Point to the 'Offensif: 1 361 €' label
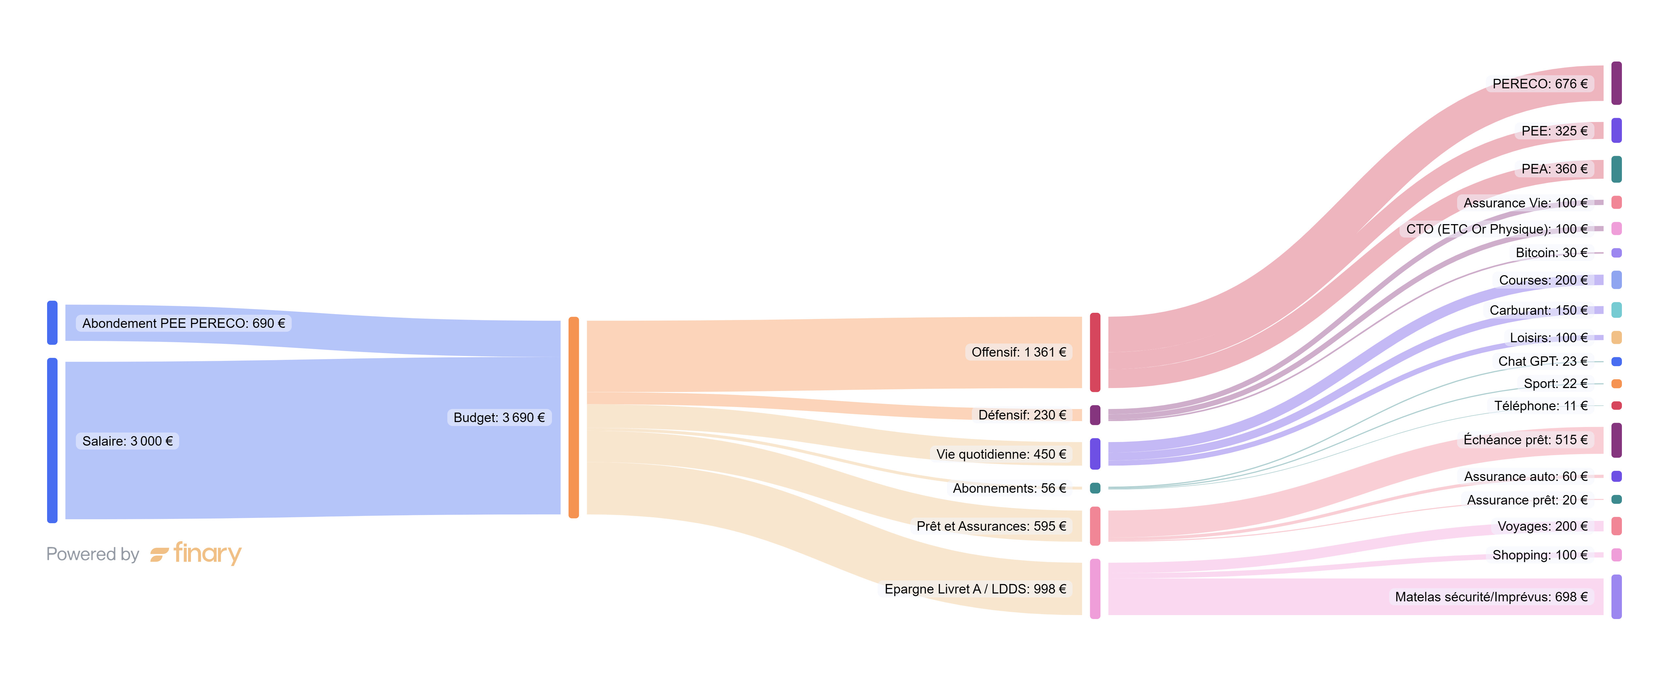tap(1018, 352)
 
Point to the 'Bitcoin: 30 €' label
tap(1551, 253)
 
